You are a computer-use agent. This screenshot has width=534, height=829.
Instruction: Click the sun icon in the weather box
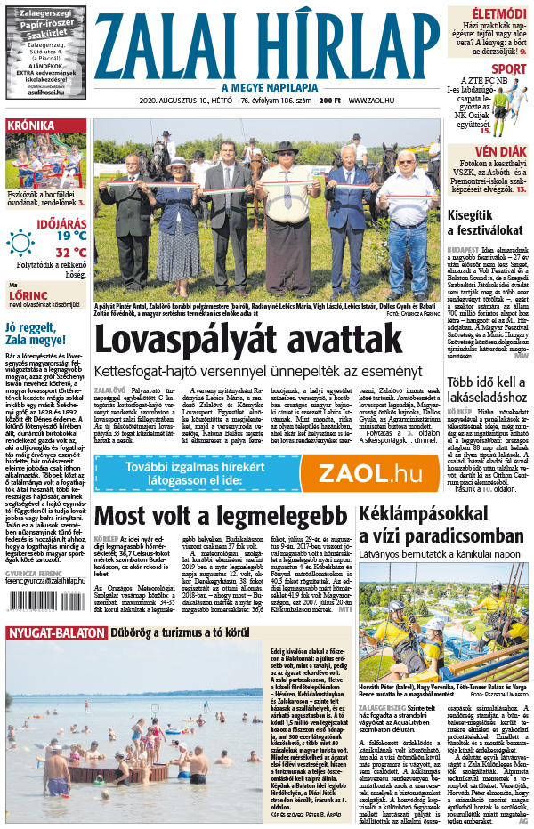(x=20, y=242)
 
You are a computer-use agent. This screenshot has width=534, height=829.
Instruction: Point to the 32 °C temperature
(x=70, y=252)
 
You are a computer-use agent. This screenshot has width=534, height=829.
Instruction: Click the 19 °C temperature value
(x=70, y=236)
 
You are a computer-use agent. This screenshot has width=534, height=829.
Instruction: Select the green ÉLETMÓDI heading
(x=498, y=13)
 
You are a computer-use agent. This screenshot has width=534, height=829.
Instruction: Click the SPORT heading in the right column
(x=508, y=68)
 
